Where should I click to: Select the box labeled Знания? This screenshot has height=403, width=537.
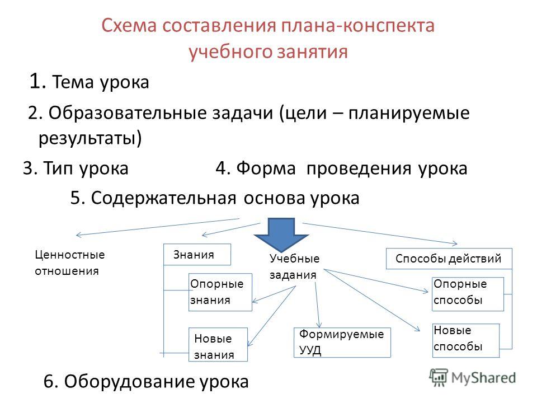click(197, 254)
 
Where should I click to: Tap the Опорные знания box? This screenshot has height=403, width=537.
click(220, 292)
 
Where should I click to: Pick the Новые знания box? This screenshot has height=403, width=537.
click(218, 344)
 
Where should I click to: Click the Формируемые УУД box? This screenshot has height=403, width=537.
click(342, 343)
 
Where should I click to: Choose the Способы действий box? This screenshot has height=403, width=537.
click(449, 259)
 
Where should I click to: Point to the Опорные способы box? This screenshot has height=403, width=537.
click(468, 294)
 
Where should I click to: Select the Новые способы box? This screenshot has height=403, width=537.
click(466, 340)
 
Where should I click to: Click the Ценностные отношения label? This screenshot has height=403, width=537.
click(70, 263)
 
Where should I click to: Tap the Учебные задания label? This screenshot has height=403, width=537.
click(295, 266)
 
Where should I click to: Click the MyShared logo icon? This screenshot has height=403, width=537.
click(439, 378)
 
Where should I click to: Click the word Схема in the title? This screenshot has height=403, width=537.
click(129, 26)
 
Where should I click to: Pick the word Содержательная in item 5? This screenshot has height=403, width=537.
click(163, 198)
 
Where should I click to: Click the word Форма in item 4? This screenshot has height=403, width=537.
click(266, 168)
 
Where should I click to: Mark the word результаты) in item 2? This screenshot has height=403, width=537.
click(89, 138)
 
